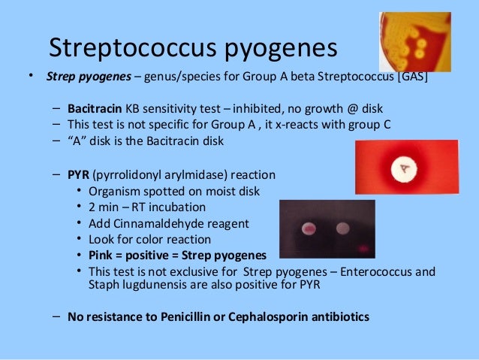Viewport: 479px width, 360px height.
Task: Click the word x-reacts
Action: click(298, 125)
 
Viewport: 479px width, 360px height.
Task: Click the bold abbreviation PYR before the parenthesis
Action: click(78, 174)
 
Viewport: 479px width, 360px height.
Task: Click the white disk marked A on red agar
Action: click(405, 170)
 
